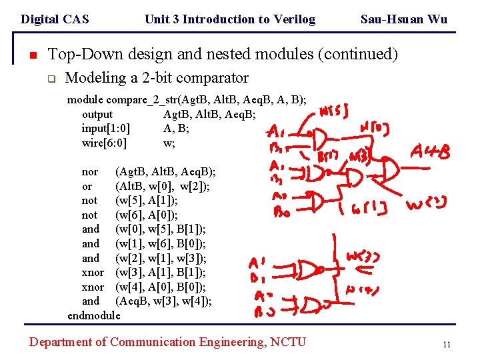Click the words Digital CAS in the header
[55, 19]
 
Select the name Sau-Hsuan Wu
[403, 19]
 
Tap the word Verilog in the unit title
[292, 19]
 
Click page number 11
[447, 345]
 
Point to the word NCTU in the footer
[287, 342]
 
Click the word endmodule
[94, 315]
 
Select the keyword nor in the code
[89, 172]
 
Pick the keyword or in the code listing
[87, 186]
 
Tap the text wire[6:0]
[105, 143]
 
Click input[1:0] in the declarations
[105, 129]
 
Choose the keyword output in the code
[97, 115]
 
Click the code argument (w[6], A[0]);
[147, 215]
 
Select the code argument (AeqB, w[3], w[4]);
[164, 301]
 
